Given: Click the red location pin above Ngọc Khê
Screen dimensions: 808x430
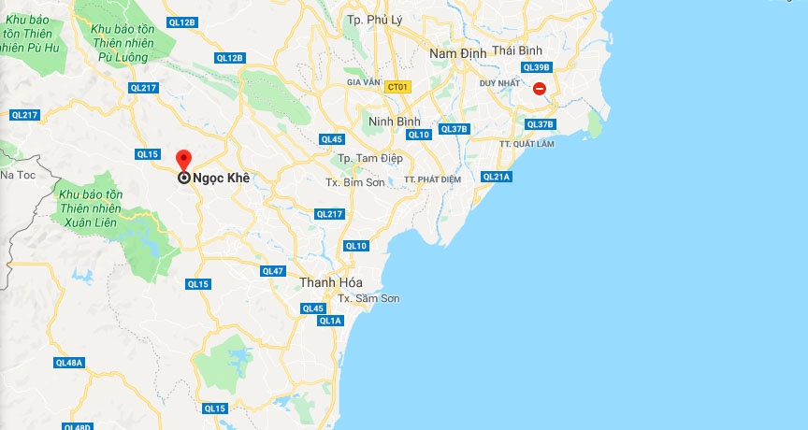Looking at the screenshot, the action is (183, 159).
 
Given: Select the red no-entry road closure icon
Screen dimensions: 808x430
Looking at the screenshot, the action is (540, 89).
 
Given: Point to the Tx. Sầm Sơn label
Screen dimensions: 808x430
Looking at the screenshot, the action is (368, 298).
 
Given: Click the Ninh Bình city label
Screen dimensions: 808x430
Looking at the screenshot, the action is (394, 122).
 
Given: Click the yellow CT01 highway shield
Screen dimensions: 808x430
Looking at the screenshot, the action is (398, 87).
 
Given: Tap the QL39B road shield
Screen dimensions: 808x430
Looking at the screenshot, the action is (537, 67).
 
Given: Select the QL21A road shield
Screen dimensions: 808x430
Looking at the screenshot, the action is (497, 177).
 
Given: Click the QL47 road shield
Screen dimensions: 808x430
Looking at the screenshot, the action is (273, 271).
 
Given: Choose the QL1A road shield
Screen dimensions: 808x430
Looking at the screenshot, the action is (330, 321).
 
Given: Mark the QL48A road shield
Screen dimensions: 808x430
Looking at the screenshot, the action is (70, 363).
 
